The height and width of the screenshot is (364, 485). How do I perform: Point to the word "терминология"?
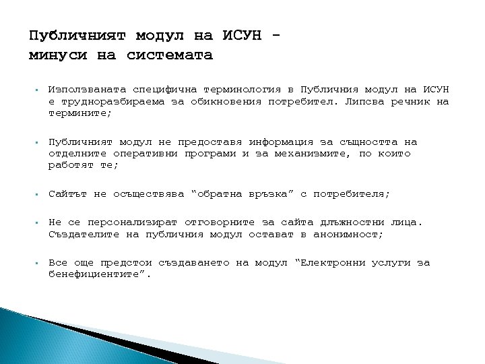[234, 90]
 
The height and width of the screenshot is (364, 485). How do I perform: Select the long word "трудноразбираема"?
[110, 102]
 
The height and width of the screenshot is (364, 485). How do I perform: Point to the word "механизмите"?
[309, 154]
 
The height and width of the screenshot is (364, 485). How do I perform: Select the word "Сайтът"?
[68, 194]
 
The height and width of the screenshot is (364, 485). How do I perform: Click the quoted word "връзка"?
[269, 194]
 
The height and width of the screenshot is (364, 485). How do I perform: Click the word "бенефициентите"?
[97, 275]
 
